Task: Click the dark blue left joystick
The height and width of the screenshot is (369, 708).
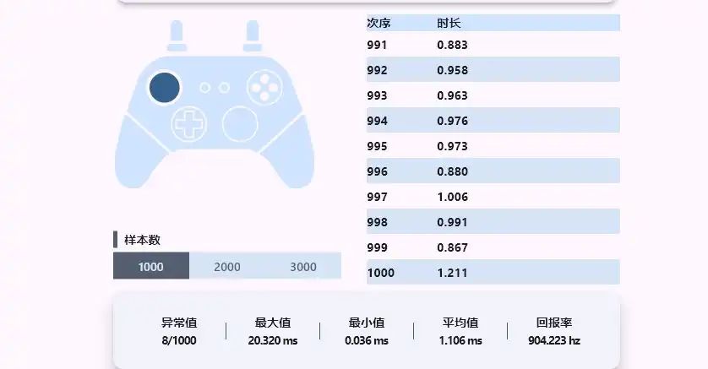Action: pyautogui.click(x=164, y=87)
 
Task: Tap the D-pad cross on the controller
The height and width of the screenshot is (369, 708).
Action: pyautogui.click(x=188, y=124)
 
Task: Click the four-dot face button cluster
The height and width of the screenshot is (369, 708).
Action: pyautogui.click(x=264, y=86)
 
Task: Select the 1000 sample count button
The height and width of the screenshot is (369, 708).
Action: pyautogui.click(x=151, y=267)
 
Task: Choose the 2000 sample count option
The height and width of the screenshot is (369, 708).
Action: pyautogui.click(x=227, y=267)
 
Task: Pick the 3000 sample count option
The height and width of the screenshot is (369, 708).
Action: pyautogui.click(x=303, y=267)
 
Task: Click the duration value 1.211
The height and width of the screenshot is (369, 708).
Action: pyautogui.click(x=452, y=273)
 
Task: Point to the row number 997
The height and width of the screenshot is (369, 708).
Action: pyautogui.click(x=377, y=197)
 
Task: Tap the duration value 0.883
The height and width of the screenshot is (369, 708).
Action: pyautogui.click(x=452, y=45)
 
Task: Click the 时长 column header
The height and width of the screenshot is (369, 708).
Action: pyautogui.click(x=449, y=23)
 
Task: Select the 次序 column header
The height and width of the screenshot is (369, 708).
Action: pyautogui.click(x=379, y=23)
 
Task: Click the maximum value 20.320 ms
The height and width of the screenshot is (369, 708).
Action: pyautogui.click(x=273, y=340)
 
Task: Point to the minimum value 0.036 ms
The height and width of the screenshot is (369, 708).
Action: pyautogui.click(x=367, y=340)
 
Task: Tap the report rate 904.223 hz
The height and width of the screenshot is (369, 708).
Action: pyautogui.click(x=554, y=340)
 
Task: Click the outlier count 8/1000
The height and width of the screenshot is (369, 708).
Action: pyautogui.click(x=179, y=340)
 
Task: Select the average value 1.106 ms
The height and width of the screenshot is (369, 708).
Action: pyautogui.click(x=460, y=340)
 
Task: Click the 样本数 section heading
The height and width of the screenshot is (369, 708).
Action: pyautogui.click(x=142, y=240)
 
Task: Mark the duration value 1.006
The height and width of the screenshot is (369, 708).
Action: pyautogui.click(x=452, y=197)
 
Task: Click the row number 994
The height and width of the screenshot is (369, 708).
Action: pyautogui.click(x=377, y=121)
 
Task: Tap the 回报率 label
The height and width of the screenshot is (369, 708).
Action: pyautogui.click(x=554, y=323)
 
